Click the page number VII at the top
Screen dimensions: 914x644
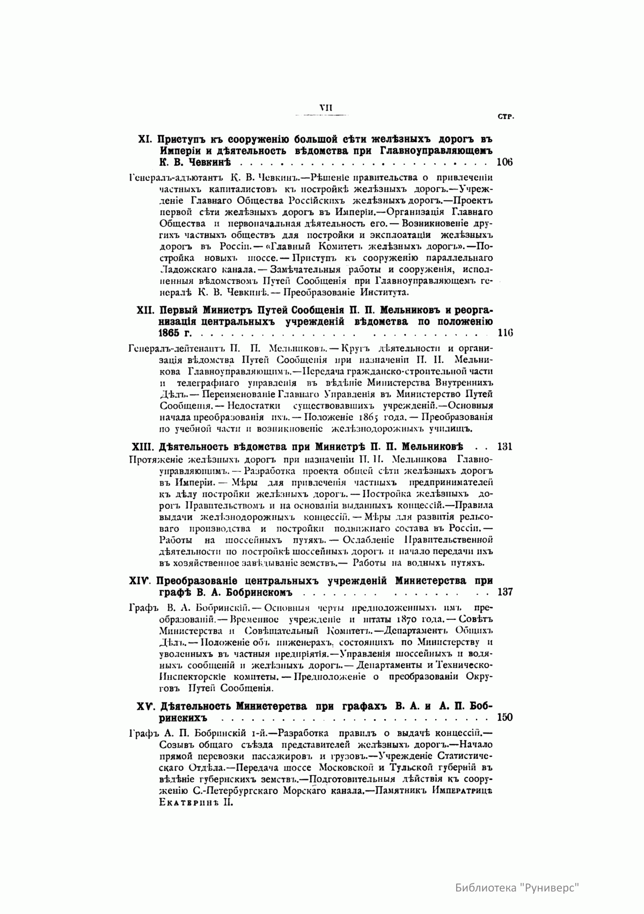pos(326,107)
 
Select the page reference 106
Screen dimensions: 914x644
pos(506,162)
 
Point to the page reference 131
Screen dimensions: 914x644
pos(506,447)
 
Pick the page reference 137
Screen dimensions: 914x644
pos(506,593)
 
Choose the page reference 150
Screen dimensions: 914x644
pos(506,717)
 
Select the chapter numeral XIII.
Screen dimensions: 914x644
pos(142,447)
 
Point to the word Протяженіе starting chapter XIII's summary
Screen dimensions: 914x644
pos(157,460)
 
